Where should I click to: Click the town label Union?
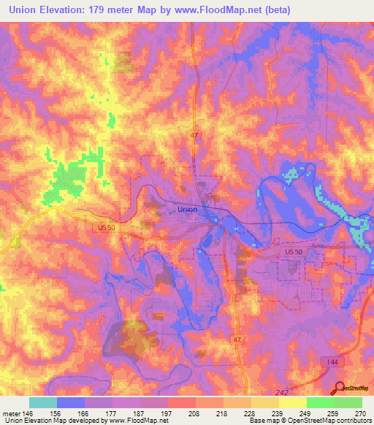[187, 209]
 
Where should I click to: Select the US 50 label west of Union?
[107, 228]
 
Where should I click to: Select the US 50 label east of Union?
[293, 252]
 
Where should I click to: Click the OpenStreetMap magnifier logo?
[340, 389]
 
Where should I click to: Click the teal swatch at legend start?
[42, 402]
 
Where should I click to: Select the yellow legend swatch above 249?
[292, 402]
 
